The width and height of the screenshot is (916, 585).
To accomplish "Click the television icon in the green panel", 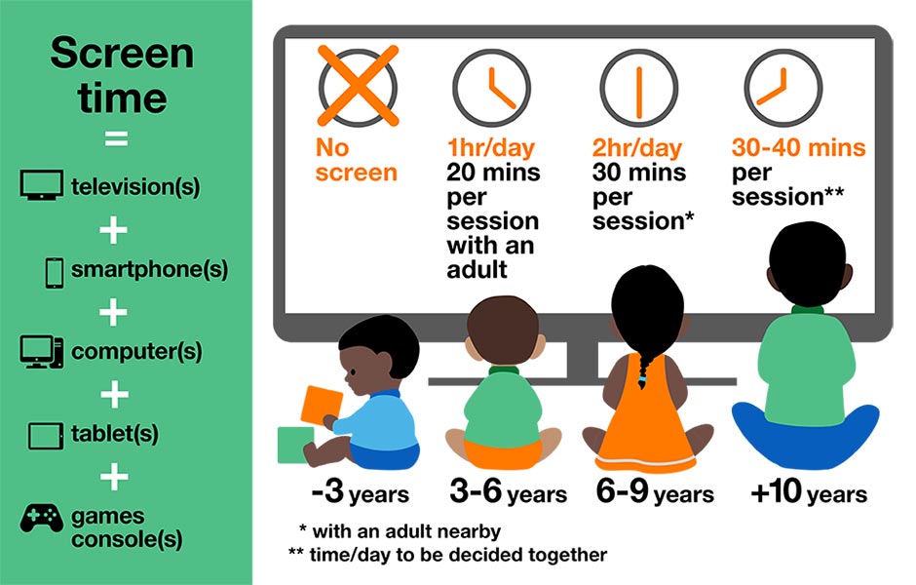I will point(42,185).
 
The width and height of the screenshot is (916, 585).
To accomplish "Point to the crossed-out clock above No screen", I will point(358,85).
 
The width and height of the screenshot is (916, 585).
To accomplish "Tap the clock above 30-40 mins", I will point(776,85).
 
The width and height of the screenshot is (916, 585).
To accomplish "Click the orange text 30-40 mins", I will point(798,148).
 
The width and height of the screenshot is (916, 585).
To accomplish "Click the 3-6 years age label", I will point(508,493).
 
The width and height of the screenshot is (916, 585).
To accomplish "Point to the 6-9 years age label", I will point(655,493).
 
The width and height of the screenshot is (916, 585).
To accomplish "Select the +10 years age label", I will point(808,493).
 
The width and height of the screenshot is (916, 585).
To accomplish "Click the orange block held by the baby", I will point(323,405).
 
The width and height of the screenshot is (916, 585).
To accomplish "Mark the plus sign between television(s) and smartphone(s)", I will point(115,229).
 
